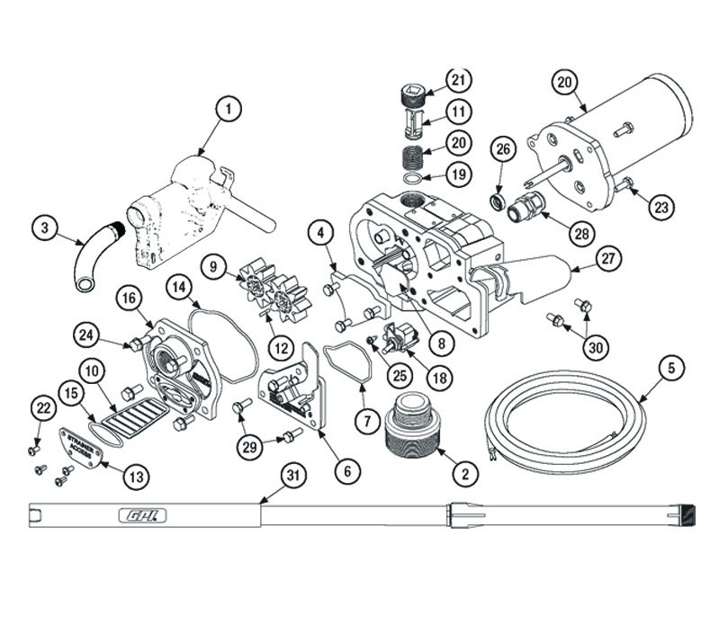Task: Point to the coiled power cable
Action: point(558,421)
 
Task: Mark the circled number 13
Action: point(135,478)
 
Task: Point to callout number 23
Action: point(661,206)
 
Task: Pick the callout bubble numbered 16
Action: point(129,297)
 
